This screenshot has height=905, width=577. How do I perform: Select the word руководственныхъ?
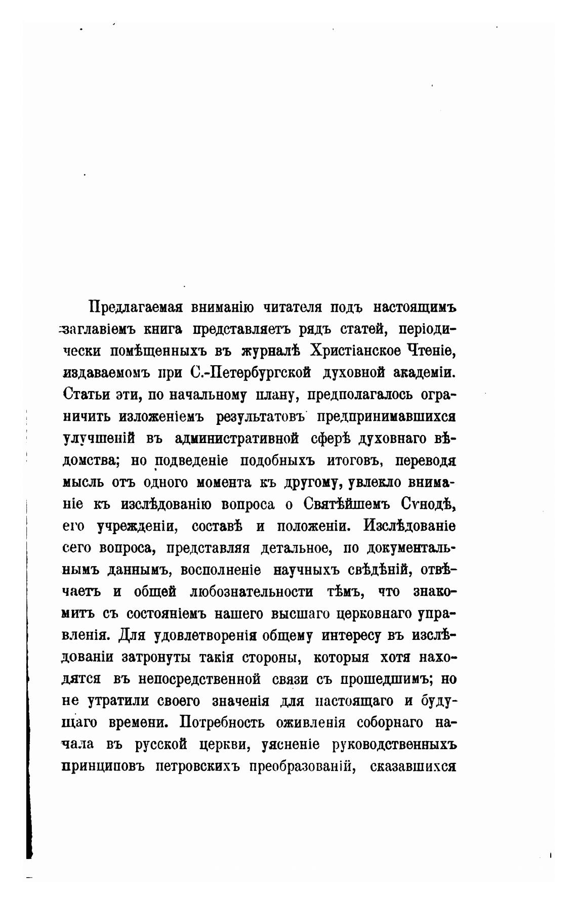pyautogui.click(x=394, y=745)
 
